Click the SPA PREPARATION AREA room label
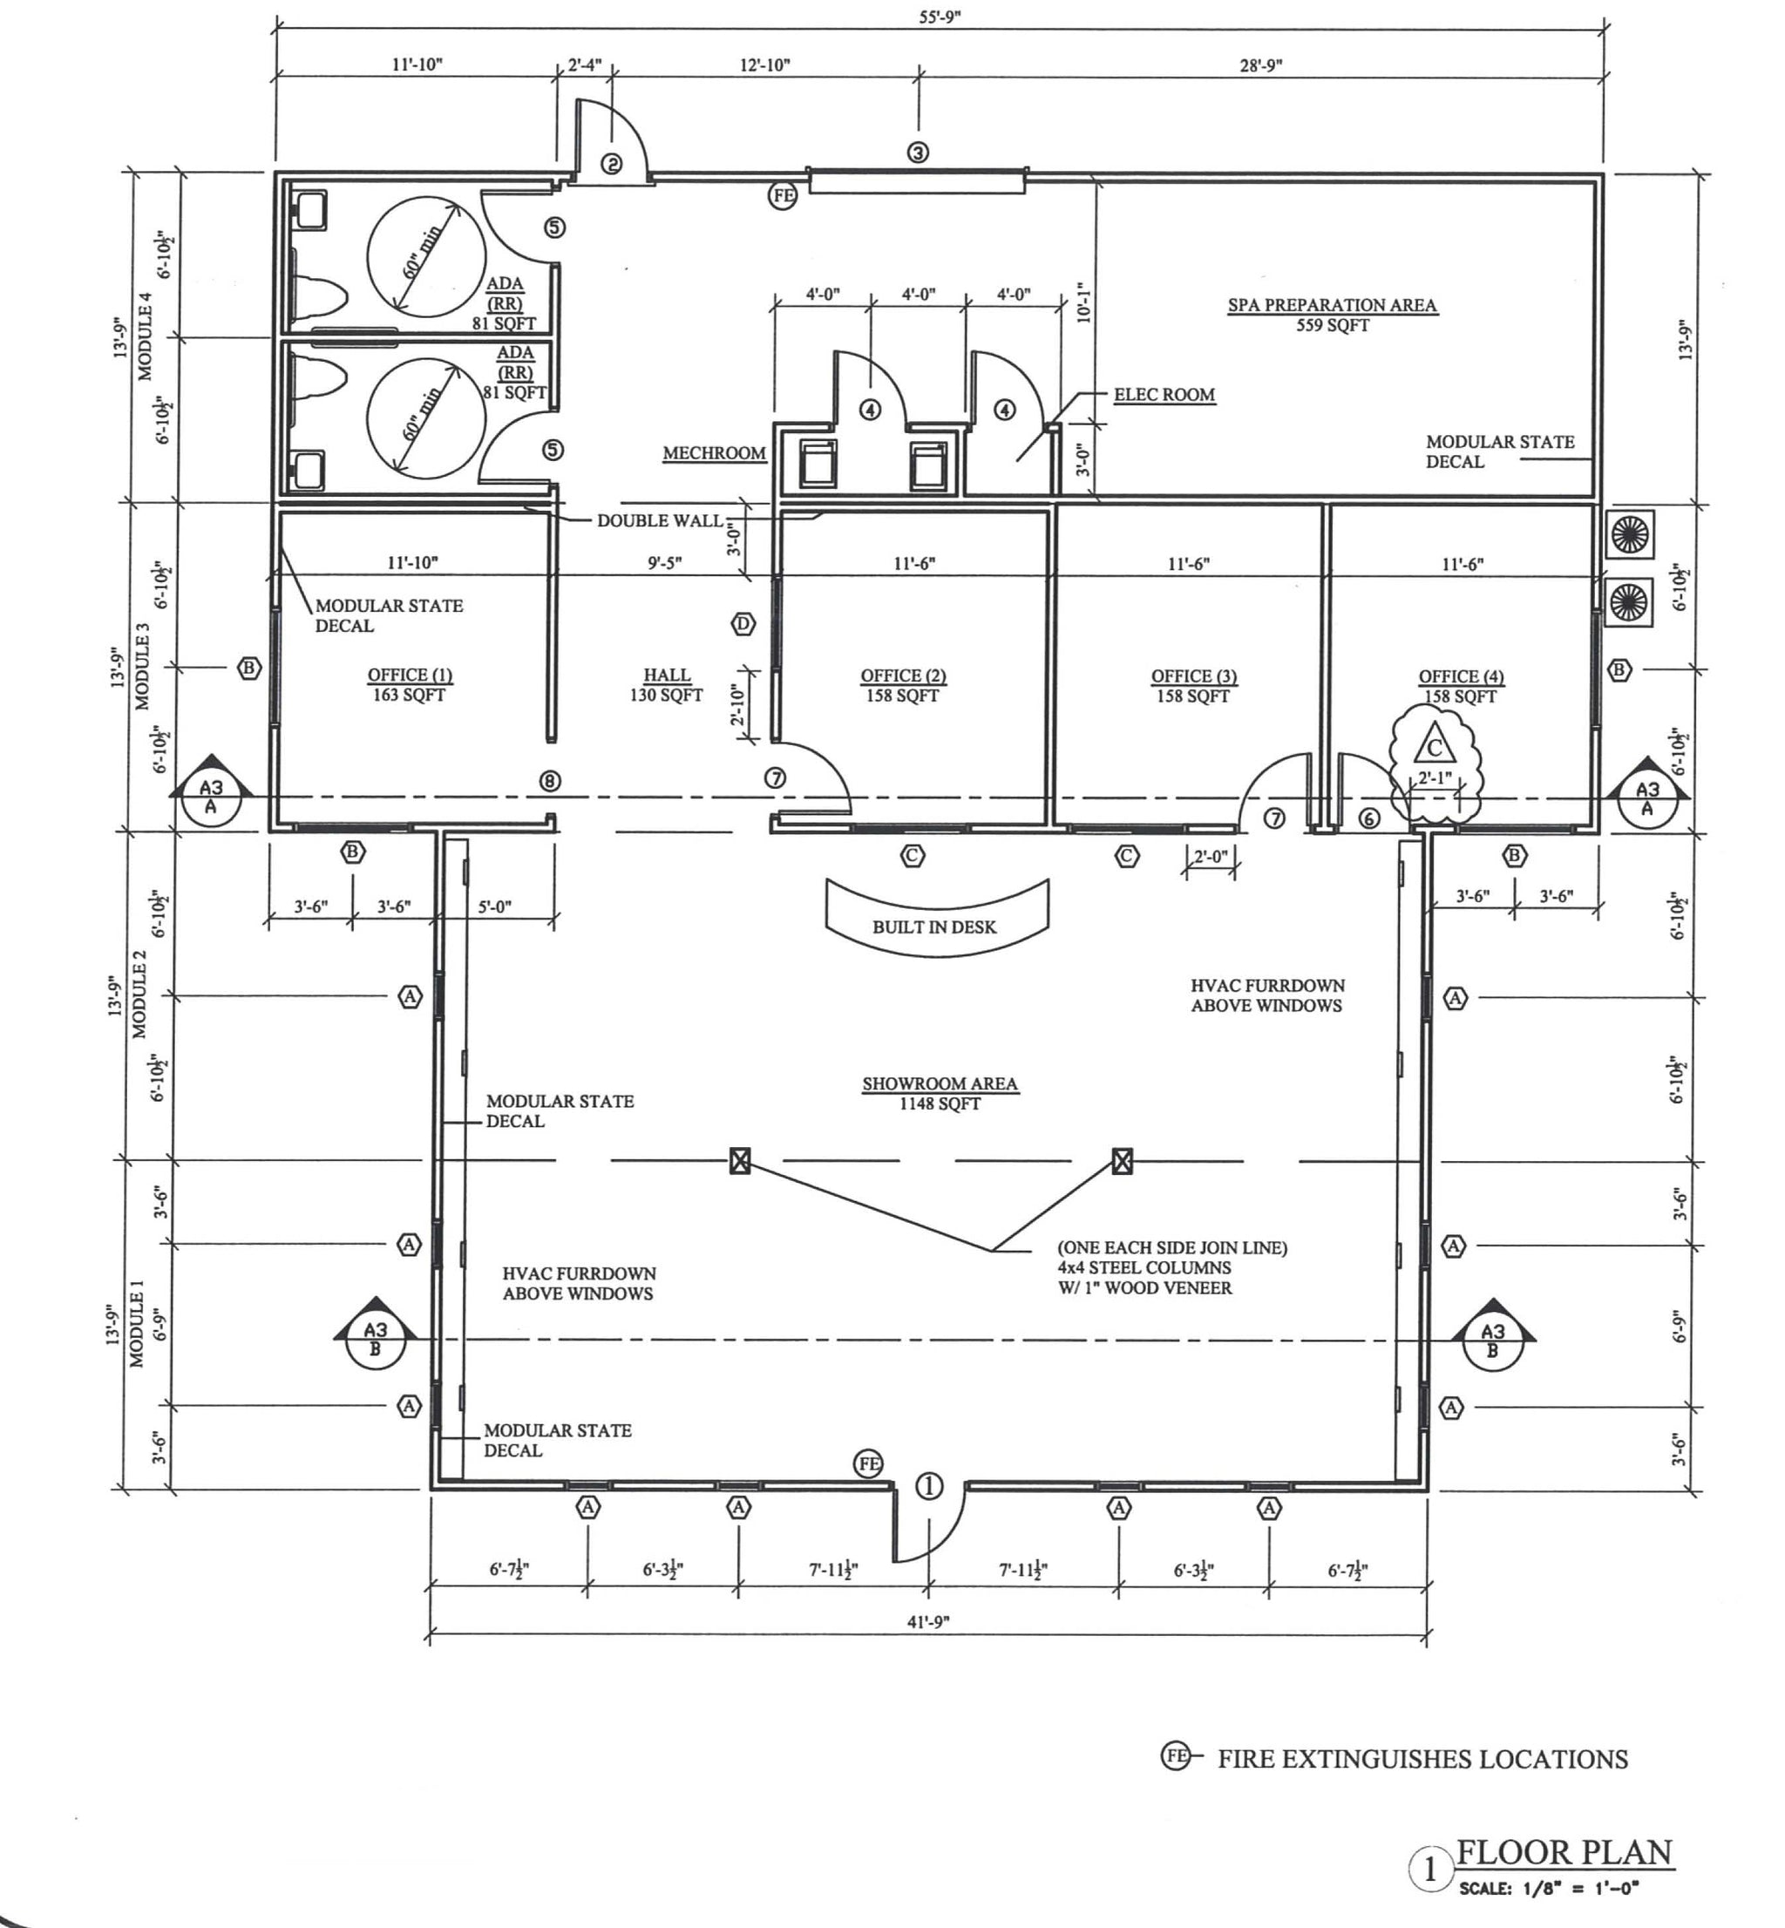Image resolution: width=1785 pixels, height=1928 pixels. (x=1332, y=306)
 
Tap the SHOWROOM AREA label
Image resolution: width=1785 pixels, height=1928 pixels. (x=939, y=1083)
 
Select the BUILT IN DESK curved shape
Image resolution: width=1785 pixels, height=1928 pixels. (x=935, y=920)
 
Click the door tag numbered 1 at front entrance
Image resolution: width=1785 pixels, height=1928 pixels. (x=928, y=1487)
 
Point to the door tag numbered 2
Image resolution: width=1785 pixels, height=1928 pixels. (x=613, y=164)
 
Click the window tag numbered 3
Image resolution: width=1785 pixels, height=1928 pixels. (x=918, y=153)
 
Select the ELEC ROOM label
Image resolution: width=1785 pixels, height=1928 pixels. (x=1164, y=394)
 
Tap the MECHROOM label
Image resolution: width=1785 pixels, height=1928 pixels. (x=714, y=453)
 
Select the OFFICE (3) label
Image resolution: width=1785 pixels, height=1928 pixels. (x=1193, y=676)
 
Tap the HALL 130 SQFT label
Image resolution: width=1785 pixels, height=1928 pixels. (x=667, y=685)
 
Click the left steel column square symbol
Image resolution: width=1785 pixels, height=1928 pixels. (x=740, y=1160)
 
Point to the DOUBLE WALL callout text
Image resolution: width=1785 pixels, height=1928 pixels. (x=660, y=520)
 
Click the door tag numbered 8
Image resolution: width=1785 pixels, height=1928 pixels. (x=550, y=780)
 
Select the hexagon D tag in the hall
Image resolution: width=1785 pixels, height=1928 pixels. (x=742, y=624)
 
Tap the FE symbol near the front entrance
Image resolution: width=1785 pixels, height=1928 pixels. (x=868, y=1464)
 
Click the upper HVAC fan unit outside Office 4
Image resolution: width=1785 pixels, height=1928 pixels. (x=1630, y=535)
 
